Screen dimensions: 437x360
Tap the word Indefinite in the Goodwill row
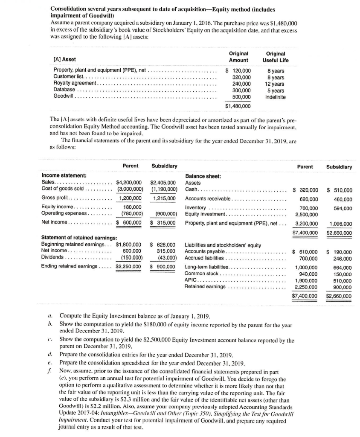click(x=276, y=97)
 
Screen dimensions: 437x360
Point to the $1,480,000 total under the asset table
click(x=238, y=106)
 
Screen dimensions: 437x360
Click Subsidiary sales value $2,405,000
click(x=163, y=182)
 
